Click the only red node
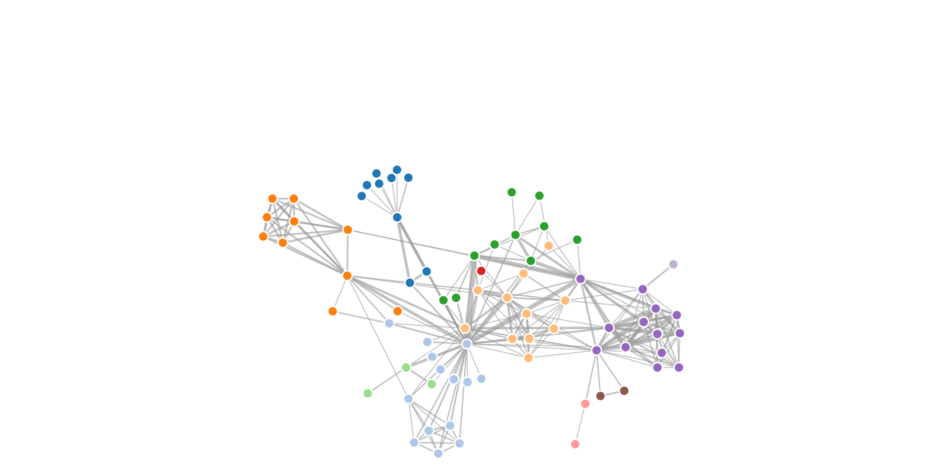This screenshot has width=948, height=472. [481, 271]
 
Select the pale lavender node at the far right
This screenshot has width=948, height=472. [673, 264]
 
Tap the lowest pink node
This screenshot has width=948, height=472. [575, 444]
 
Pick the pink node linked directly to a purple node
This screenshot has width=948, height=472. [585, 403]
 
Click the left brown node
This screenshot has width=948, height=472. [600, 395]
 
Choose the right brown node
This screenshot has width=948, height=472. [624, 391]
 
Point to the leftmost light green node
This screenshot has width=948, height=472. [367, 393]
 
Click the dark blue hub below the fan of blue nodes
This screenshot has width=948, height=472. [397, 217]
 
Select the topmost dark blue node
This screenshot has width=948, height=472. [397, 170]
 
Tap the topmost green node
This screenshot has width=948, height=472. [512, 192]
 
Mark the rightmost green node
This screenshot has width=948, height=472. [577, 239]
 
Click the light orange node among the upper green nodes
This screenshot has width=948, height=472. [549, 245]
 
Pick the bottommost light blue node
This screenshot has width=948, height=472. [438, 453]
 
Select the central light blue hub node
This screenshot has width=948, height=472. [467, 344]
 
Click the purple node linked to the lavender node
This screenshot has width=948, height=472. [642, 289]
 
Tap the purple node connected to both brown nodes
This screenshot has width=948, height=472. [596, 350]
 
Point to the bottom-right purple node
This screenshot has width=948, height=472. [679, 367]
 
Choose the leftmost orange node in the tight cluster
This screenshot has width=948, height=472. [263, 236]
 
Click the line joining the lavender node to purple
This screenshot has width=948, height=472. [658, 276]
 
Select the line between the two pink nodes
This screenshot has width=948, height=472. [580, 424]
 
